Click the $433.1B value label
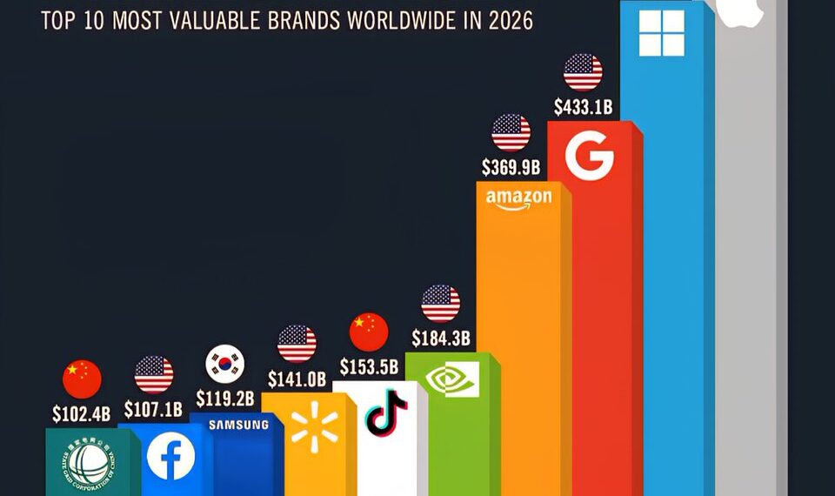tap(583, 108)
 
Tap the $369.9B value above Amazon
tap(511, 166)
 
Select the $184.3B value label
tap(440, 337)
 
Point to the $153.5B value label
tap(369, 366)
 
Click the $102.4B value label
tap(82, 414)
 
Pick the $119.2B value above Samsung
tap(224, 399)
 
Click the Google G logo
tap(589, 157)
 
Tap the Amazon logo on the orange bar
tap(518, 199)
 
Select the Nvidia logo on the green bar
tap(453, 379)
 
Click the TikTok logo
tap(386, 412)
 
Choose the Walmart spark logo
tap(314, 427)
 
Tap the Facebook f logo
tap(170, 455)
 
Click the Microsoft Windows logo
tap(661, 32)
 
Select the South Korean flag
tap(224, 364)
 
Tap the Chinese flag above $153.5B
tap(369, 332)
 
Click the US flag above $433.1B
tap(583, 72)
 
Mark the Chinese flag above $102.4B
tap(82, 379)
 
